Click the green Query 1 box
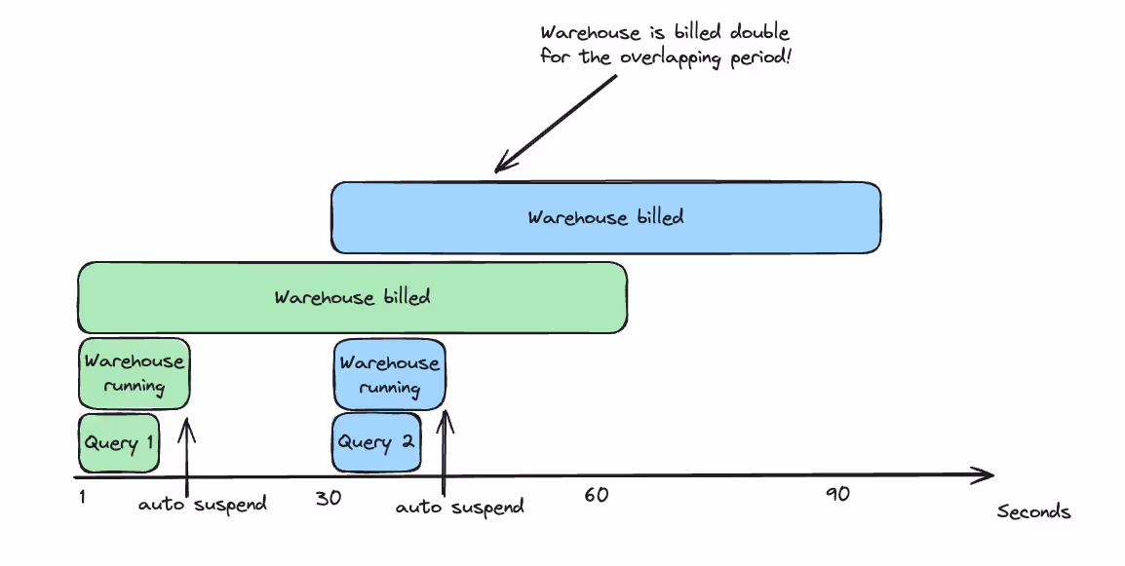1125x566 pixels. (118, 442)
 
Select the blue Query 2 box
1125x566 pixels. (376, 442)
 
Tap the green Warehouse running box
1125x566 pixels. (134, 373)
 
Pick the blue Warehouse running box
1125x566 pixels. (390, 375)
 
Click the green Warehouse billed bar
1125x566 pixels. (352, 297)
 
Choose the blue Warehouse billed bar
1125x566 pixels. (605, 216)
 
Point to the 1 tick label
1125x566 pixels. (83, 497)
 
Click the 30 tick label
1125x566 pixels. (329, 497)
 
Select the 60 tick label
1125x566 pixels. (597, 495)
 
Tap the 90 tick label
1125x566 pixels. (837, 494)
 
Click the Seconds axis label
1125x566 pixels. (1033, 512)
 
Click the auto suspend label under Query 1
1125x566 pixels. (202, 505)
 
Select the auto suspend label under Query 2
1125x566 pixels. (460, 507)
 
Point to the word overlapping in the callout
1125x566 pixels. (670, 57)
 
